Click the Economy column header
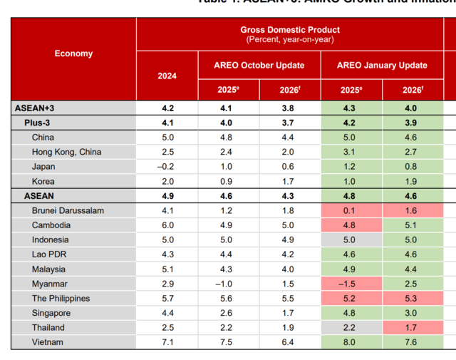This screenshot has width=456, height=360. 73,53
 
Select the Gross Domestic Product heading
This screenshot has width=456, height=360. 290,30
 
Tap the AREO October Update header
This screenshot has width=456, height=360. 259,66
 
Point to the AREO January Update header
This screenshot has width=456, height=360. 382,66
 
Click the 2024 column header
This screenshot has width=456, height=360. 167,76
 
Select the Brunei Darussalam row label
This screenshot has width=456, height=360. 68,210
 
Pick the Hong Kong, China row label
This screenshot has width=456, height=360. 66,152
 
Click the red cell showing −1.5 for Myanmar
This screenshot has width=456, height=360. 349,284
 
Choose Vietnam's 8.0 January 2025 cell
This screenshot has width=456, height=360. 349,342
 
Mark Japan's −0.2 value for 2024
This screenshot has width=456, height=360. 167,167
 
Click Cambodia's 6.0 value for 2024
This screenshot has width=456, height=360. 167,225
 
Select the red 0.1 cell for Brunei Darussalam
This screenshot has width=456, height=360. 349,210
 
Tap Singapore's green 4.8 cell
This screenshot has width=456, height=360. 349,313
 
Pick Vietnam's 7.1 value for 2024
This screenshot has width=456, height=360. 167,342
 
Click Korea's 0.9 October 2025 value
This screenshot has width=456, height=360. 227,181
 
